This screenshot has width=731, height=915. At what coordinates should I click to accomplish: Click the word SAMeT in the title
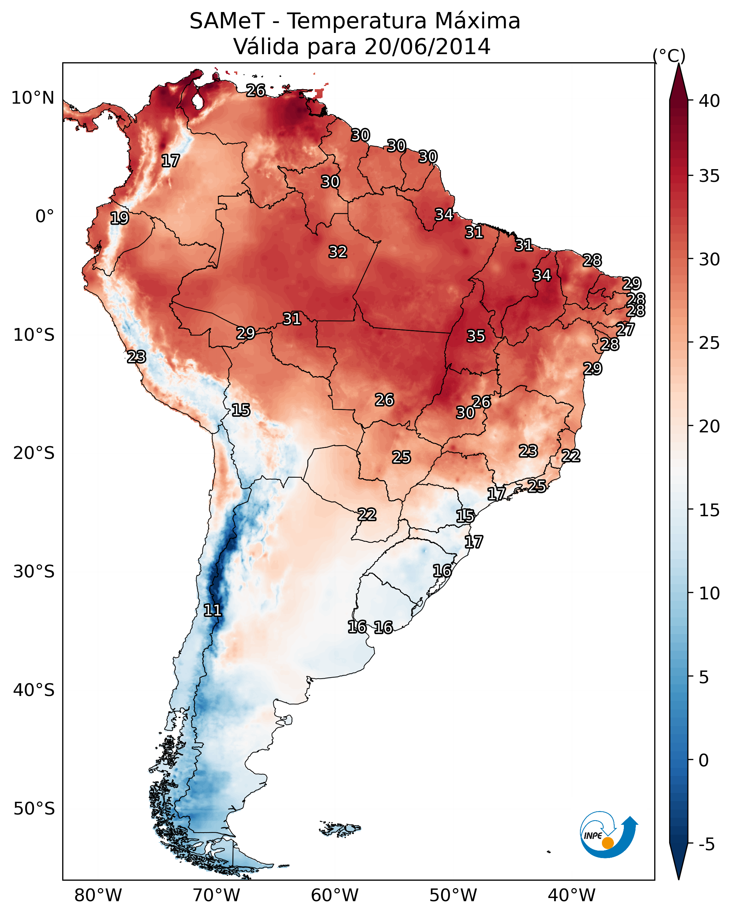[x=227, y=21]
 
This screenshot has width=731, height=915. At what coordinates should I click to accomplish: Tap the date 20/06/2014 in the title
[x=427, y=47]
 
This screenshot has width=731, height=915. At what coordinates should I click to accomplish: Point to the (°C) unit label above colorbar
[x=669, y=56]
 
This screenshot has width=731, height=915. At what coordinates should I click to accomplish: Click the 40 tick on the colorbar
[x=709, y=101]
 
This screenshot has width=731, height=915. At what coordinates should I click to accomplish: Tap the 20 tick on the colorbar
[x=709, y=426]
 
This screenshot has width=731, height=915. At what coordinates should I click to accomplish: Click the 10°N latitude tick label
[x=33, y=98]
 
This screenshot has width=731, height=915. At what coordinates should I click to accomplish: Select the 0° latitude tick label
[x=45, y=217]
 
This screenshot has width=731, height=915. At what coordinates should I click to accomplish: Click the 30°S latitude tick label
[x=34, y=572]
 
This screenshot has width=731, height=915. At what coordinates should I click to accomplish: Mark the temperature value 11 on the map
[x=213, y=610]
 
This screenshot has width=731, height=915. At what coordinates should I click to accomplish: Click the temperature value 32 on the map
[x=338, y=252]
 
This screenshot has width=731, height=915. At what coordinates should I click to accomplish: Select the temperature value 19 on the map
[x=119, y=218]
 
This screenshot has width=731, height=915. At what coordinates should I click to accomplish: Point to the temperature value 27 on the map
[x=625, y=329]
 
